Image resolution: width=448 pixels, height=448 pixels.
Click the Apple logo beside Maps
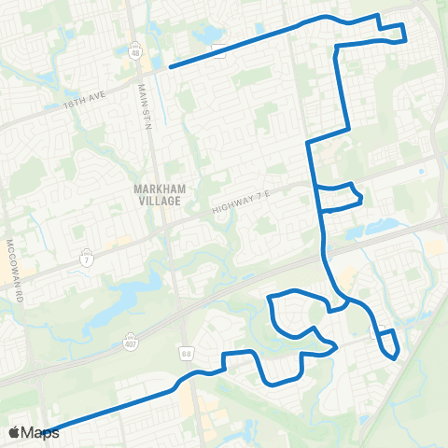click(x=14, y=432)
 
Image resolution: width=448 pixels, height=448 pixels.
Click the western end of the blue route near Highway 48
click(x=169, y=66)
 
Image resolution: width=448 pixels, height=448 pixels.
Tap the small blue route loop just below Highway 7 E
click(x=340, y=196)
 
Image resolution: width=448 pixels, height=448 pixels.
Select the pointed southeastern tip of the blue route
click(x=395, y=357)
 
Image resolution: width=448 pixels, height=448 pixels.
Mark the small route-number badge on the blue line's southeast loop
click(x=380, y=329)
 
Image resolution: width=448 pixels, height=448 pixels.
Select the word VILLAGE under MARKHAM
click(x=161, y=199)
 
